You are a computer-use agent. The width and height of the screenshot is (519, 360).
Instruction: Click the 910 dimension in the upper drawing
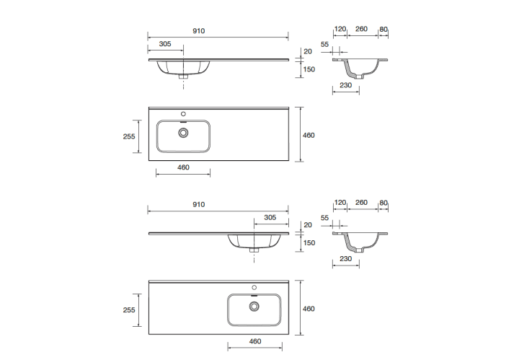pos(199,31)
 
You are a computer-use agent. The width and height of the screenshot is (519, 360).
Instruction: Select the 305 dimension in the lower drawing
pos(270,218)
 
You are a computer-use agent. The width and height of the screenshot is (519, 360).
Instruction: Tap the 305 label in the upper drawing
pos(165,44)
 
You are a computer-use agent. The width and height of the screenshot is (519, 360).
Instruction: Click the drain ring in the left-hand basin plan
pos(183,133)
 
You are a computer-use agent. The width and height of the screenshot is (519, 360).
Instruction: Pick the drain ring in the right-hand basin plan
pos(254,307)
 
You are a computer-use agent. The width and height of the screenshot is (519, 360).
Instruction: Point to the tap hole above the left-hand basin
pos(183,114)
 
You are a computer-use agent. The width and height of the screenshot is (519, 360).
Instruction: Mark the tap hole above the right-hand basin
pos(254,287)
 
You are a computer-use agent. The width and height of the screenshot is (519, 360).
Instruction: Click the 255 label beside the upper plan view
pos(129,136)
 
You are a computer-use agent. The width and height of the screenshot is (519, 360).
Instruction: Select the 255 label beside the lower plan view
pos(129,310)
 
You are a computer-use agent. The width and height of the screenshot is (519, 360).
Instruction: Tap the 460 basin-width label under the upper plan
pos(183,167)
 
